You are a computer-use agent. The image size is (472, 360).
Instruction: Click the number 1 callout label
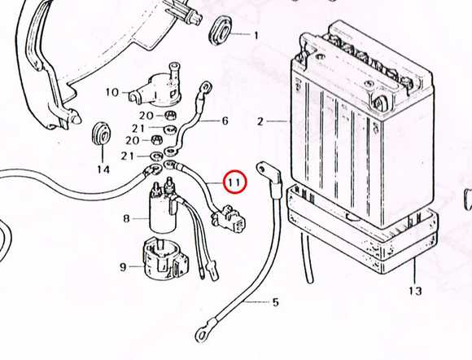click(x=256, y=36)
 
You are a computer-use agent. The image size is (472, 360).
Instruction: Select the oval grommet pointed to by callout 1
click(x=219, y=31)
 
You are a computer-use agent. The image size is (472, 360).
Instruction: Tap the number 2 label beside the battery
click(x=260, y=121)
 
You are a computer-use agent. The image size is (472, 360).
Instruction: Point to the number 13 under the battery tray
click(x=415, y=291)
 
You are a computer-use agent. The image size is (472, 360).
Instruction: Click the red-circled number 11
click(x=234, y=182)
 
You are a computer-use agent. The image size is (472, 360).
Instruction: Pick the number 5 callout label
click(x=276, y=302)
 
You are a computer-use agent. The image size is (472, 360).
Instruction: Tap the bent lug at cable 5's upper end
click(x=269, y=177)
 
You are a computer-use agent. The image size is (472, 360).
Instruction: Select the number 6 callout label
click(x=225, y=121)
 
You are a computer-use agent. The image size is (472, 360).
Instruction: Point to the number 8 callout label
click(x=126, y=218)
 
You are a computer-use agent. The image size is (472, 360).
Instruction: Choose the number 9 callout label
click(x=123, y=267)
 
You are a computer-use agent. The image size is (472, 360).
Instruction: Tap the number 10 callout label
click(x=112, y=92)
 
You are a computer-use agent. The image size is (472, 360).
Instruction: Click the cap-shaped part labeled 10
click(x=158, y=89)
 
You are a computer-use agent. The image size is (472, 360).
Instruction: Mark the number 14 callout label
click(x=103, y=169)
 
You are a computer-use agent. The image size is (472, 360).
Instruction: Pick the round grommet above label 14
click(x=101, y=134)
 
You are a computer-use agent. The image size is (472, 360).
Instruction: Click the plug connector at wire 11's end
click(x=229, y=218)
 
